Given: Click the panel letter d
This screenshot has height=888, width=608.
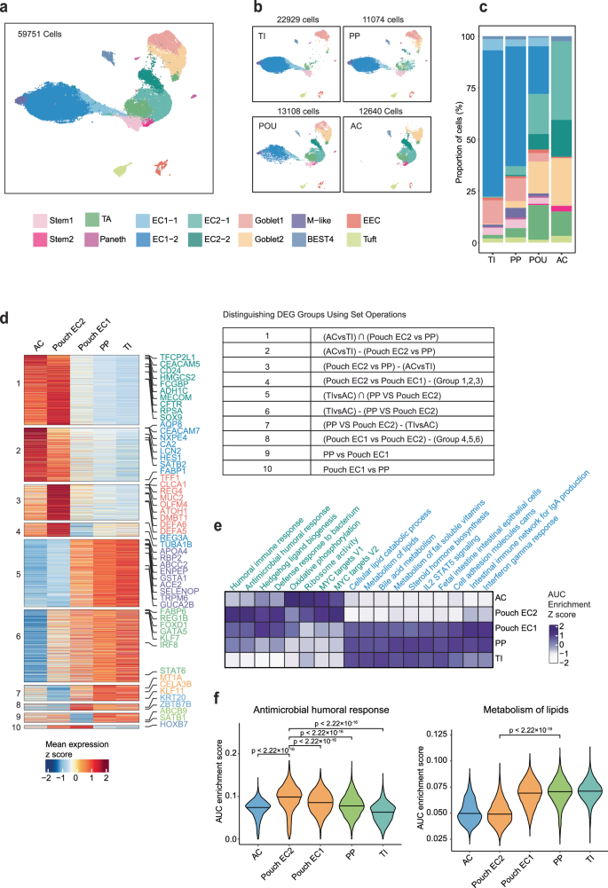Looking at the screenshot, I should (x=7, y=293).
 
